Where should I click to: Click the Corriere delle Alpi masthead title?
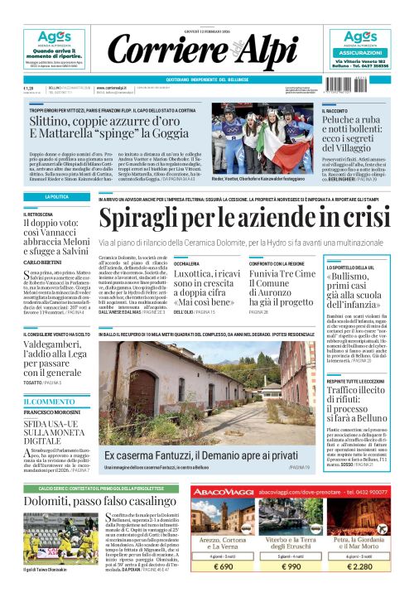tap(207, 51)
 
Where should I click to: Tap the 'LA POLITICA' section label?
tap(56, 197)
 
